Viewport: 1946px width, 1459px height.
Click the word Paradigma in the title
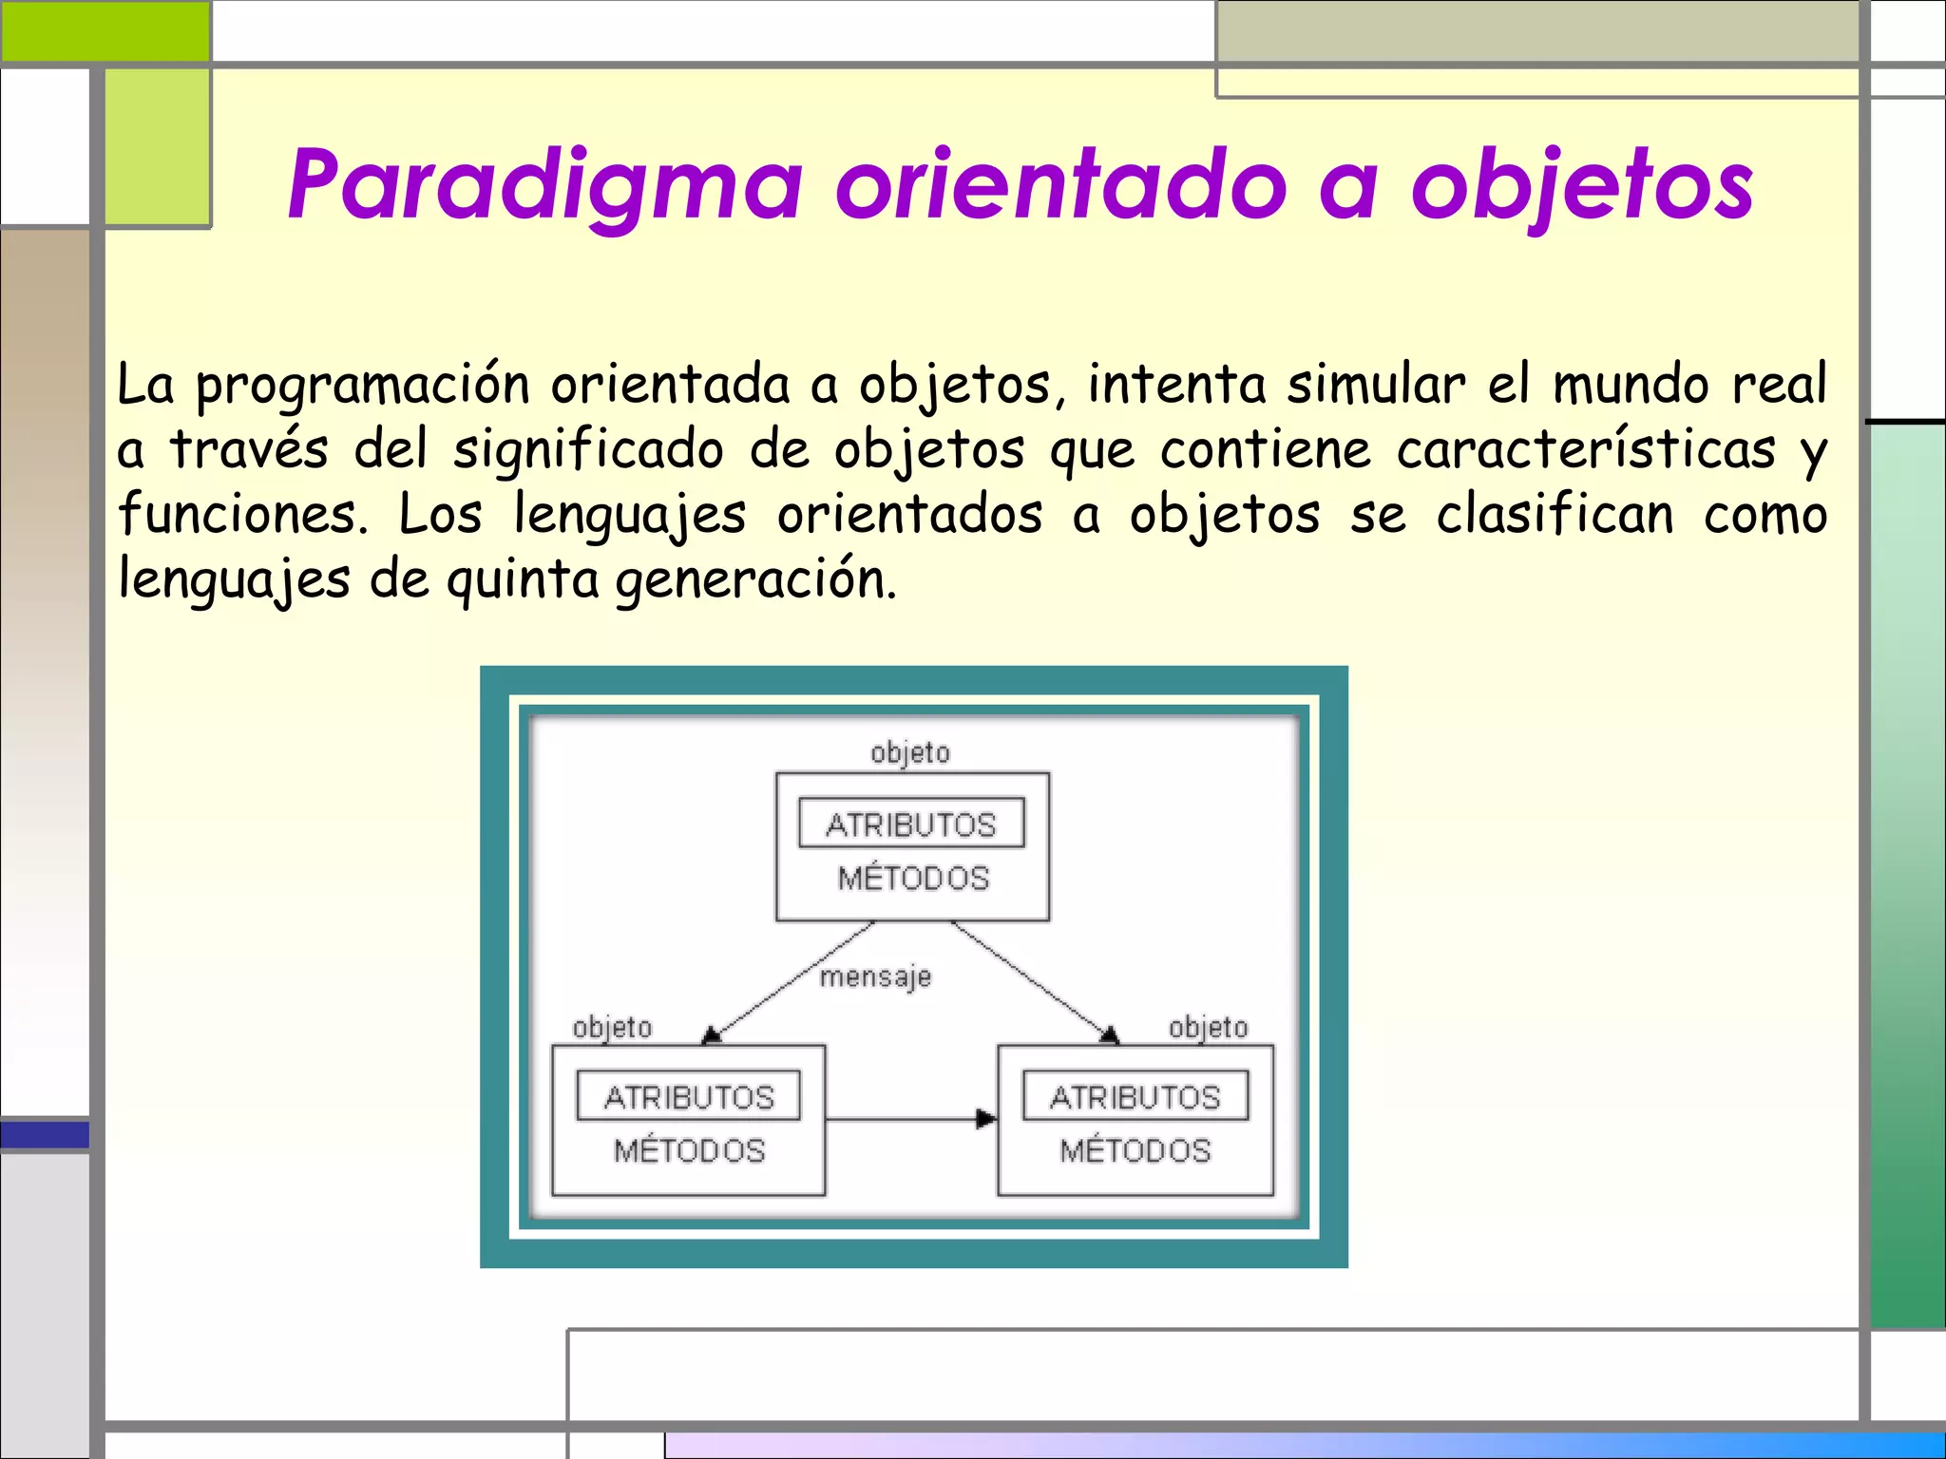point(545,185)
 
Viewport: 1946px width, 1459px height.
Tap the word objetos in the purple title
point(1582,185)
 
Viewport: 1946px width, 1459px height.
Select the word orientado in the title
point(1060,185)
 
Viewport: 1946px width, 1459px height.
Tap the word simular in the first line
point(1376,386)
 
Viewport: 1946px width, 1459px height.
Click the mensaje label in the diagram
point(875,976)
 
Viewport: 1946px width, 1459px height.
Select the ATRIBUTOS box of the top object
point(911,824)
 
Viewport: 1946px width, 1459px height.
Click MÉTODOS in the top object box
point(913,879)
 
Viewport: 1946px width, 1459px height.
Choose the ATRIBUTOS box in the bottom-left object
point(689,1097)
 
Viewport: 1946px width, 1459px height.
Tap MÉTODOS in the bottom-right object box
point(1135,1151)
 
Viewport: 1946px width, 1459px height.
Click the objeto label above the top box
point(910,753)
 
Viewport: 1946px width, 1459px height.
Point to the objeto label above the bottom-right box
point(1208,1028)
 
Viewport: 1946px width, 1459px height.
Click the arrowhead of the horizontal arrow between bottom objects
point(987,1119)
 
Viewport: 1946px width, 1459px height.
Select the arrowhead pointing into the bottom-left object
point(711,1035)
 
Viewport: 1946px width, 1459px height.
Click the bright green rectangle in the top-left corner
point(105,30)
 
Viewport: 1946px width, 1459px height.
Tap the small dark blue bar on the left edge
point(45,1134)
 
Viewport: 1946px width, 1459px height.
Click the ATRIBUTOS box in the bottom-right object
point(1135,1097)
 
